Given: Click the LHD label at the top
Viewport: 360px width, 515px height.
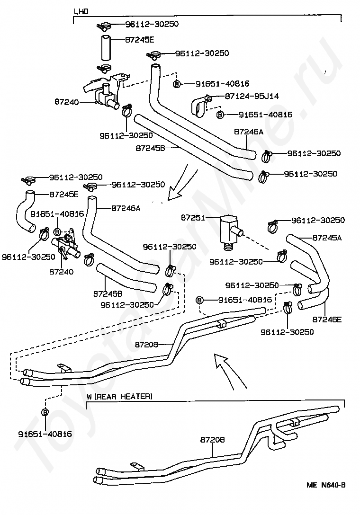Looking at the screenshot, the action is [81, 12].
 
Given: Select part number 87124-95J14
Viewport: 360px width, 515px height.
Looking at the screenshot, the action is [252, 96].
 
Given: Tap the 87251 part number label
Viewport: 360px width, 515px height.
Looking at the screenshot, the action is [193, 218].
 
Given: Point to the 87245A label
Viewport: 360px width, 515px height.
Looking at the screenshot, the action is [327, 238].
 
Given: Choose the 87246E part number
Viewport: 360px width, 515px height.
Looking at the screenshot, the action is [327, 319].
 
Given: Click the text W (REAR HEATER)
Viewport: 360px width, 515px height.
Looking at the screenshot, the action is [120, 397].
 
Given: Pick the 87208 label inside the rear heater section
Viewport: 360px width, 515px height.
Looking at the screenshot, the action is [212, 440].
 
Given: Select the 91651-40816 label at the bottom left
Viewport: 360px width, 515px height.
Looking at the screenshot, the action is [45, 434].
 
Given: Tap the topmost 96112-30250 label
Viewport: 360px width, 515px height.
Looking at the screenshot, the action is [152, 24].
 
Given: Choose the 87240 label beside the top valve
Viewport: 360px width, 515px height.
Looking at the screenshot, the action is [67, 102].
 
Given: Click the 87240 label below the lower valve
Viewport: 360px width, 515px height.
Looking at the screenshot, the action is [62, 272].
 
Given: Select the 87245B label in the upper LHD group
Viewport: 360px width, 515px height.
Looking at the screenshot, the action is [150, 148].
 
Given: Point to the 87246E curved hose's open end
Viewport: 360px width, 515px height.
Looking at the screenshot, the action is [300, 305].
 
